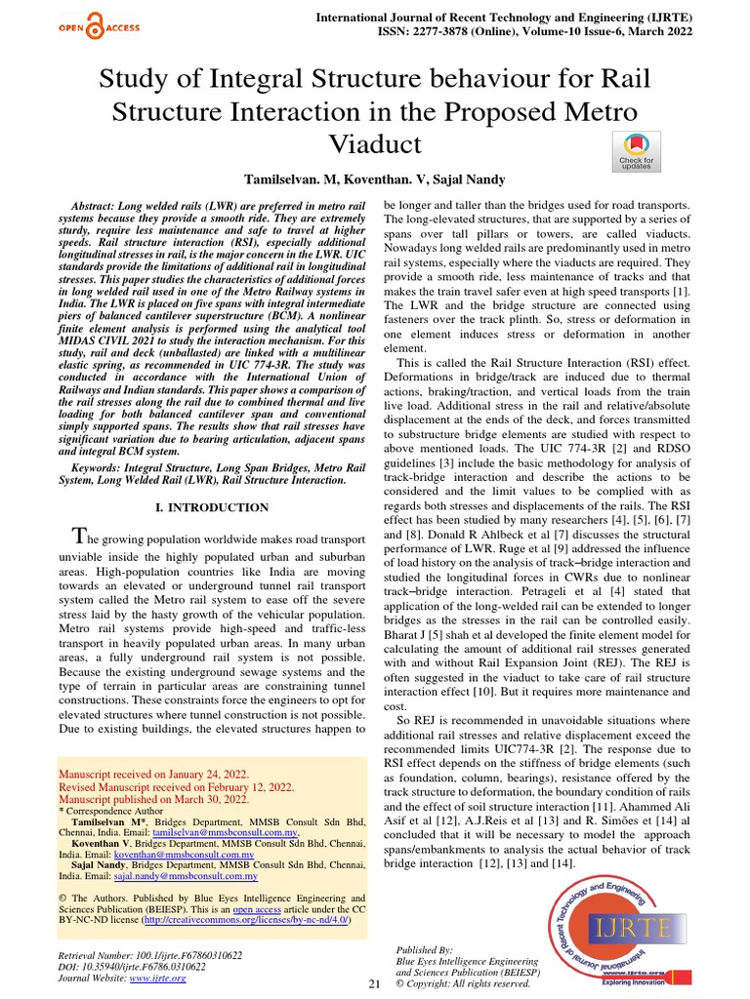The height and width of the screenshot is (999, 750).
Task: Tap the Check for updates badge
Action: click(636, 150)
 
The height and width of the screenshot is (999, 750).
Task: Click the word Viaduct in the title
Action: click(375, 144)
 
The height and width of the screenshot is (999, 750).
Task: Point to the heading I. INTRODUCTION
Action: click(213, 507)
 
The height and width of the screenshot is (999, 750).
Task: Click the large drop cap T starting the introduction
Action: click(83, 537)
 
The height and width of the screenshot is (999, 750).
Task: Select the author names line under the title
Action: click(375, 180)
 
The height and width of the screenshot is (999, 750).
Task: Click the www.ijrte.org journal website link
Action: click(157, 979)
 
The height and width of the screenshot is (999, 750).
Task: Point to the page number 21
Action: click(373, 983)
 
